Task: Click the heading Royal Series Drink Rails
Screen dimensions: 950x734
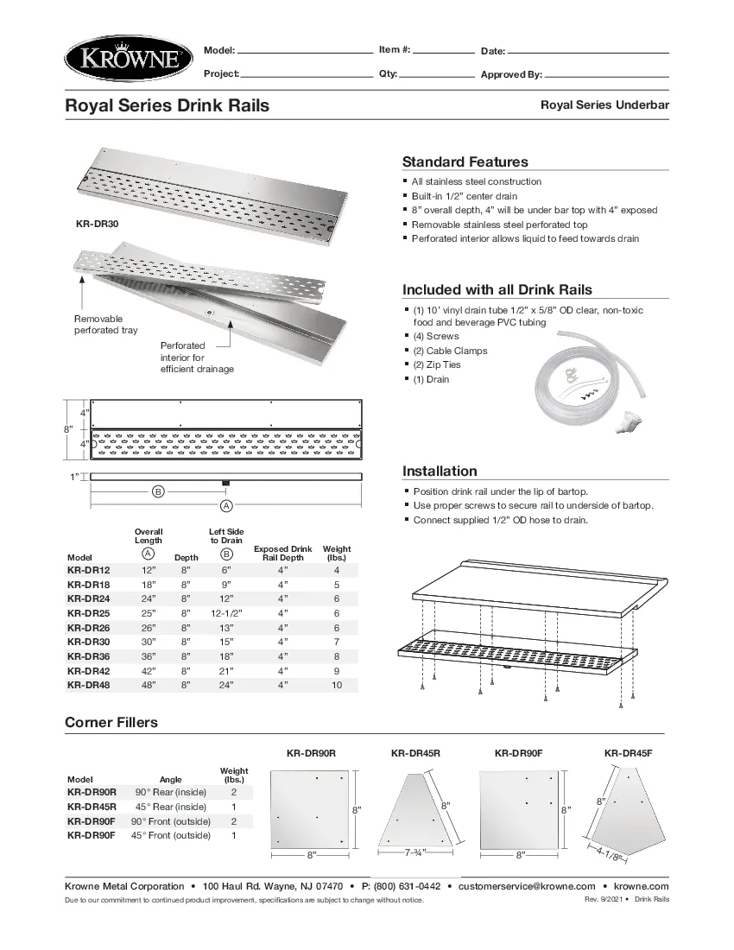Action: click(167, 105)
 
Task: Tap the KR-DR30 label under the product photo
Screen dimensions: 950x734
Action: click(97, 224)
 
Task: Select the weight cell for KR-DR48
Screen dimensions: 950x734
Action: click(336, 685)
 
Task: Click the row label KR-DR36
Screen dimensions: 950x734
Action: click(88, 655)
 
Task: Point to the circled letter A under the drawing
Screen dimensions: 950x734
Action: click(226, 504)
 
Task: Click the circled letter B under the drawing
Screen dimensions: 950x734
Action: click(158, 491)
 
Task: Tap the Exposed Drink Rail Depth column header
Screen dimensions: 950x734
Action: click(282, 553)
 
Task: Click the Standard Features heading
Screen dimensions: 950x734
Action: click(465, 161)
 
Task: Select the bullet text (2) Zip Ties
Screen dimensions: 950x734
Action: click(437, 364)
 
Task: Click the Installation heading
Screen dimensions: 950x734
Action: click(440, 471)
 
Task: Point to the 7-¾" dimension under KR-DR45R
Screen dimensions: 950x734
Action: click(416, 852)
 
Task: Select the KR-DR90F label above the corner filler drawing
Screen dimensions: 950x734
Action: click(518, 753)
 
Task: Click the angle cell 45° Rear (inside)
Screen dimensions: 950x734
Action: click(170, 806)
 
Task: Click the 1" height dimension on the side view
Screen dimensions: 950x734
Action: click(74, 477)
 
